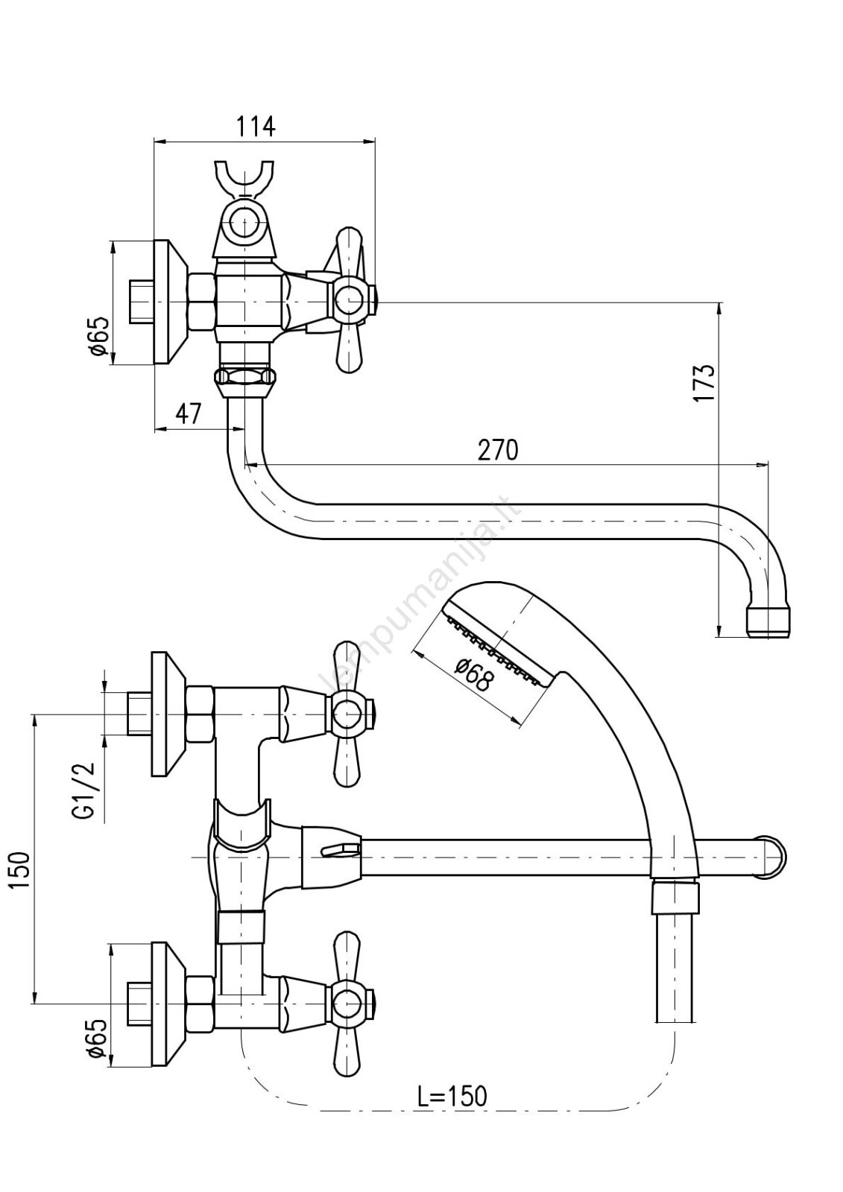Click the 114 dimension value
256,127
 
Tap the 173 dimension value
704,384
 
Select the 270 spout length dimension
497,450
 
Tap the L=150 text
452,1096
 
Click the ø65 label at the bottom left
98,1039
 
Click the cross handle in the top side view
349,301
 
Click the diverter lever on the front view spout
339,848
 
